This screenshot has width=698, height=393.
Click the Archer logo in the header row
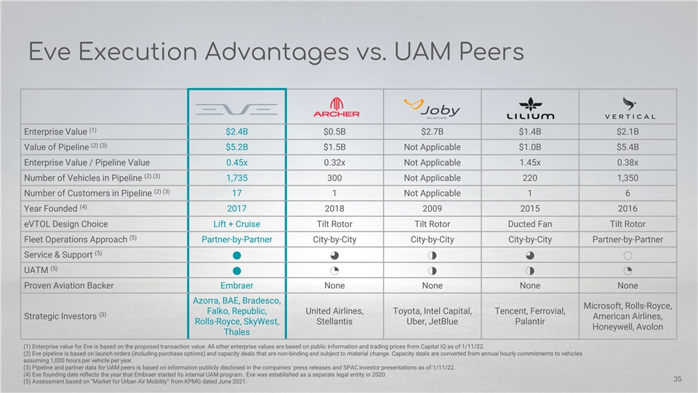pos(336,108)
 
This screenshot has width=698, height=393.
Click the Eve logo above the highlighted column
pos(237,108)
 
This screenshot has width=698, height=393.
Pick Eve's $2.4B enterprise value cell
pos(237,132)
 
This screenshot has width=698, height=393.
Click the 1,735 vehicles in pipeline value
pos(237,178)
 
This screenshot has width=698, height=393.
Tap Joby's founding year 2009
pos(433,208)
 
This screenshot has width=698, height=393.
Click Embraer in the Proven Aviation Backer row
pos(237,285)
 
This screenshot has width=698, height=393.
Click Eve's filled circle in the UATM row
pos(237,270)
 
